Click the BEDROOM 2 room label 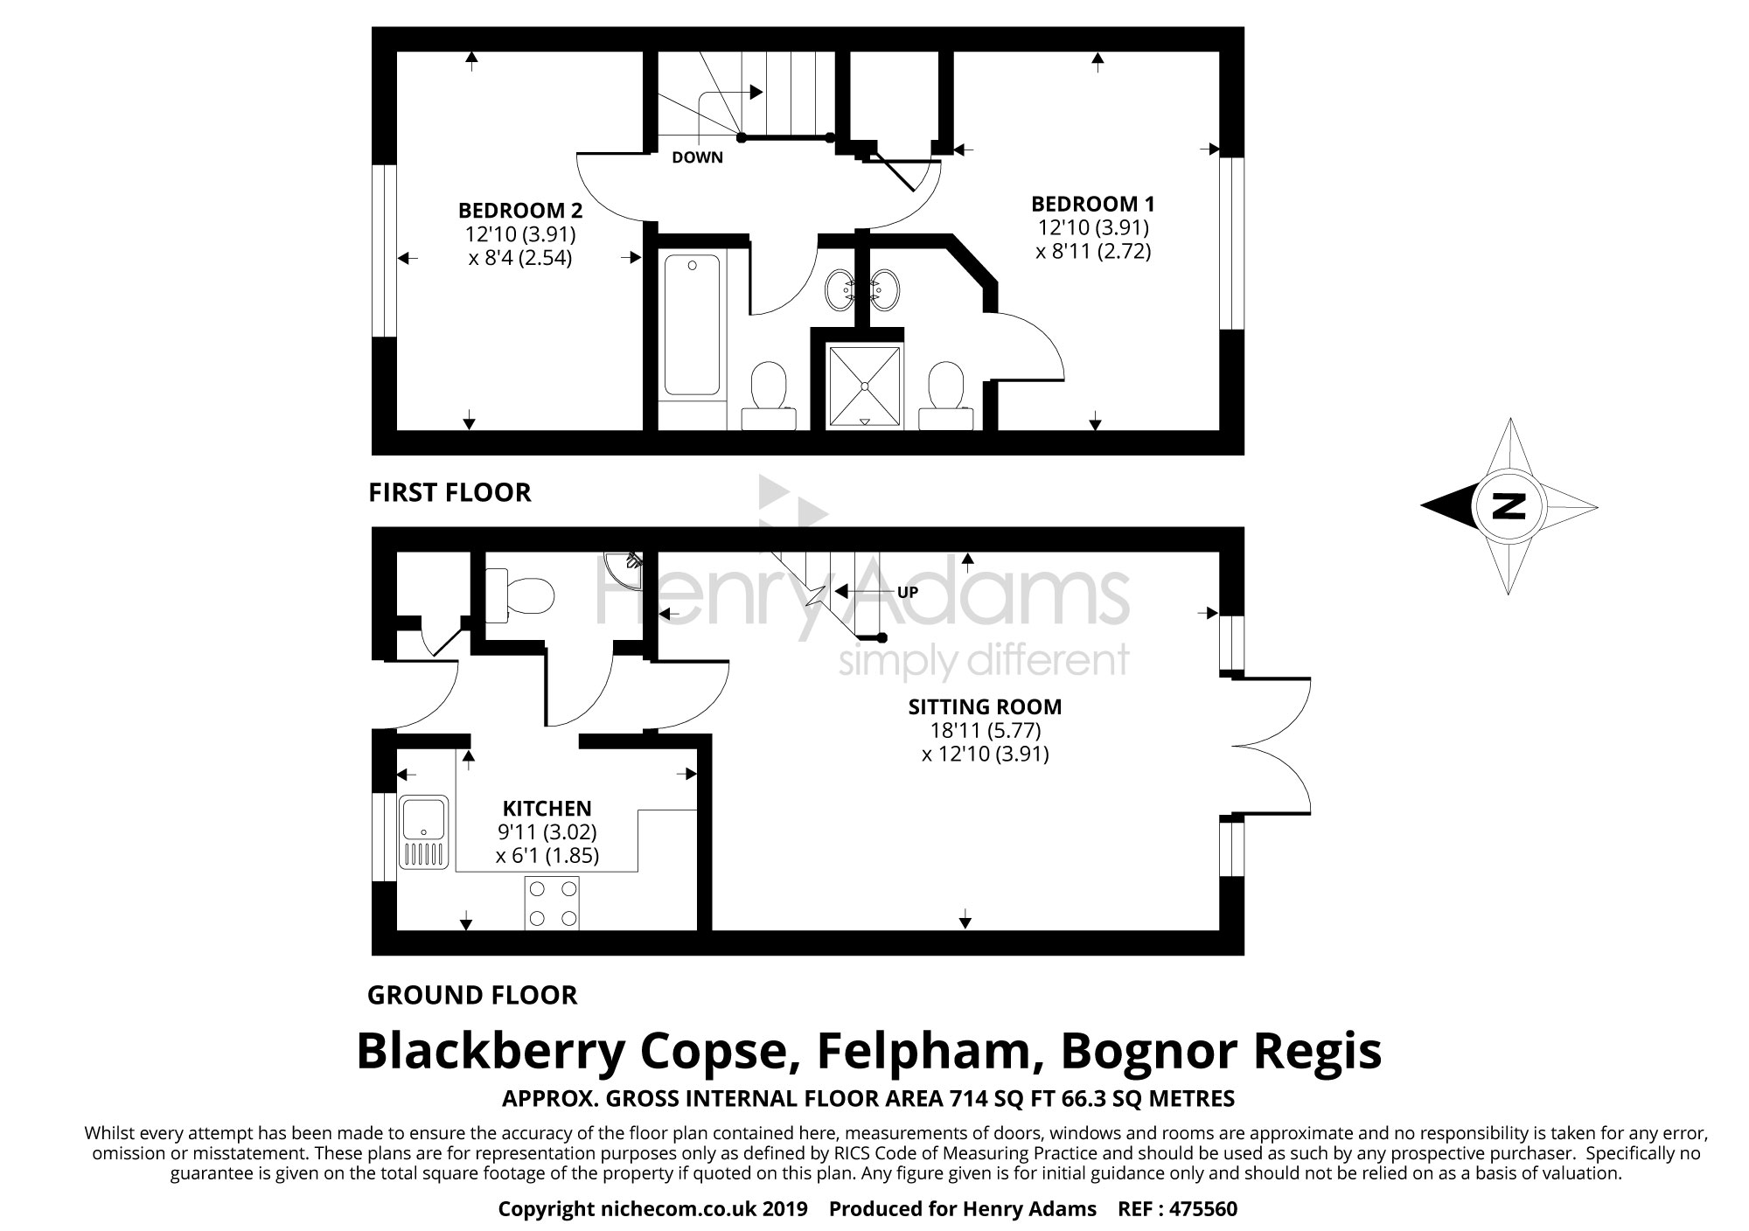coord(520,211)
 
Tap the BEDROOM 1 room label coord(1092,205)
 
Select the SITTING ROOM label coord(985,706)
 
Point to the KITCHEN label coord(547,809)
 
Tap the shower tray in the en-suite coord(864,384)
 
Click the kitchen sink coord(424,831)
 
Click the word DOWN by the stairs coord(697,158)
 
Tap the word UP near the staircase coord(907,593)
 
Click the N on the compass coord(1508,506)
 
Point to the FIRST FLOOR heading coord(449,492)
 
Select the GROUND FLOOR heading coord(472,995)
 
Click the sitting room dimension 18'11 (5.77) coord(985,730)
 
